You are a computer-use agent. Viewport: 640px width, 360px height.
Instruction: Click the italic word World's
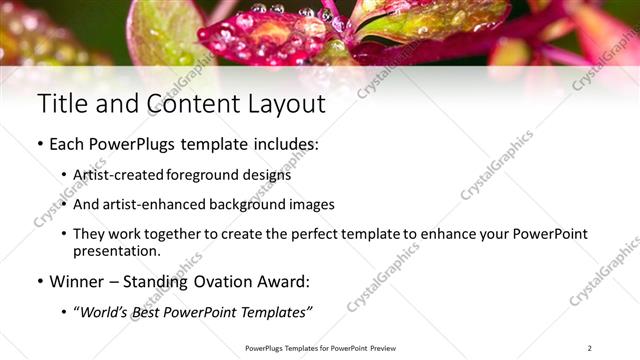(104, 312)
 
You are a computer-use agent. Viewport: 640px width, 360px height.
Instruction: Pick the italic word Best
(150, 312)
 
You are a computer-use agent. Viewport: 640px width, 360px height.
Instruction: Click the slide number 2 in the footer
(589, 347)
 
